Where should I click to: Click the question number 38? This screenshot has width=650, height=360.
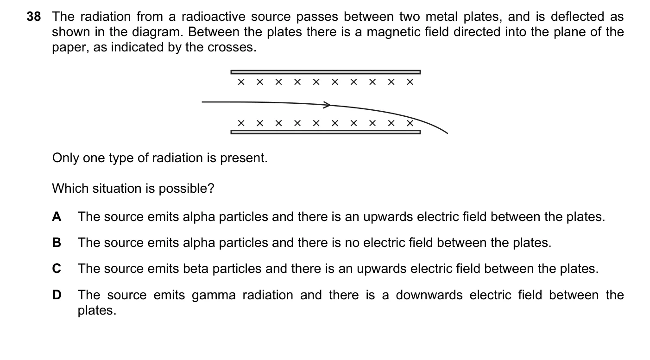(34, 17)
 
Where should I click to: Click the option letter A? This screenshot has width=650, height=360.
(57, 217)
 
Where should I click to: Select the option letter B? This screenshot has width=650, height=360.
(57, 242)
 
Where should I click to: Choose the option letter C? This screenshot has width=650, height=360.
(57, 268)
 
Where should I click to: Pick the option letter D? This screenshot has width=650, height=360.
(57, 295)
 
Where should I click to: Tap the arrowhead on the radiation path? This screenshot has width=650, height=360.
(327, 105)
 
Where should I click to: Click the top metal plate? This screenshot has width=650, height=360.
(326, 72)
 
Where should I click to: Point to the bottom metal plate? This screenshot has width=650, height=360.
(326, 132)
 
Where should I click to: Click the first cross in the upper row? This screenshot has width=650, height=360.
(241, 82)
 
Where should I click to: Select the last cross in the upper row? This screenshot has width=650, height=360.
(410, 82)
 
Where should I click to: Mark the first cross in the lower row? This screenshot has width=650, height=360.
(241, 123)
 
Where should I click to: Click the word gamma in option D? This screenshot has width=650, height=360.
(214, 296)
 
